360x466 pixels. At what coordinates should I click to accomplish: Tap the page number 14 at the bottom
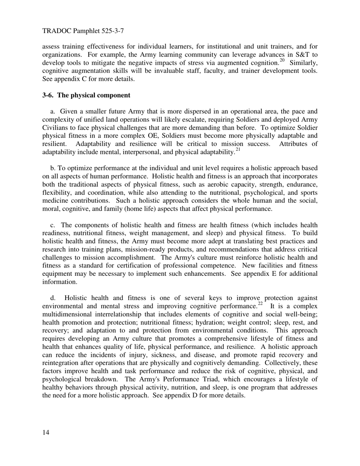46,433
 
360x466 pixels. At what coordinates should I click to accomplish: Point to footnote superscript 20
282,60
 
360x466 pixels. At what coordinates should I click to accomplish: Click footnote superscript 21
238,150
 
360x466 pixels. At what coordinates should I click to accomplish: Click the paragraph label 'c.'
53,225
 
